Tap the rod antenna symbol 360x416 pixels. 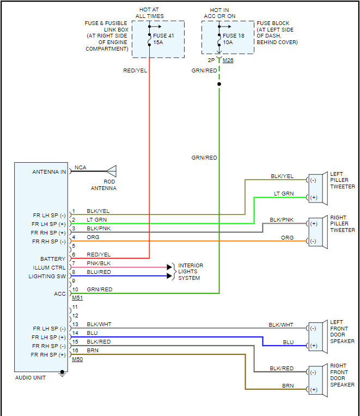(111, 170)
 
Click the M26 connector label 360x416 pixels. (228, 60)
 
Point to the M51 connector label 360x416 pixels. (77, 298)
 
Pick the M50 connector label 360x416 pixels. (77, 359)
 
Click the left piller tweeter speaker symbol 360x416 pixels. (317, 188)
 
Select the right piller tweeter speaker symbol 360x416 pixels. (317, 232)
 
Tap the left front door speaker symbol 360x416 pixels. (317, 337)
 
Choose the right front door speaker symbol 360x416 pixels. (317, 381)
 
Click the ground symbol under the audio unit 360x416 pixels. (62, 374)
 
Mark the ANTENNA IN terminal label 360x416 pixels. (49, 172)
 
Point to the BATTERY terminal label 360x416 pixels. (53, 259)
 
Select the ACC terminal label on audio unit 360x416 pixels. (60, 294)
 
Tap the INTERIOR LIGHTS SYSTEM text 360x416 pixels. (190, 271)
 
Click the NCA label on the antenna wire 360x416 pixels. (80, 167)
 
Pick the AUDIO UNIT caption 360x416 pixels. (30, 378)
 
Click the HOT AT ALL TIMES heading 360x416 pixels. (150, 13)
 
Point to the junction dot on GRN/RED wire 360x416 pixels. (219, 84)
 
